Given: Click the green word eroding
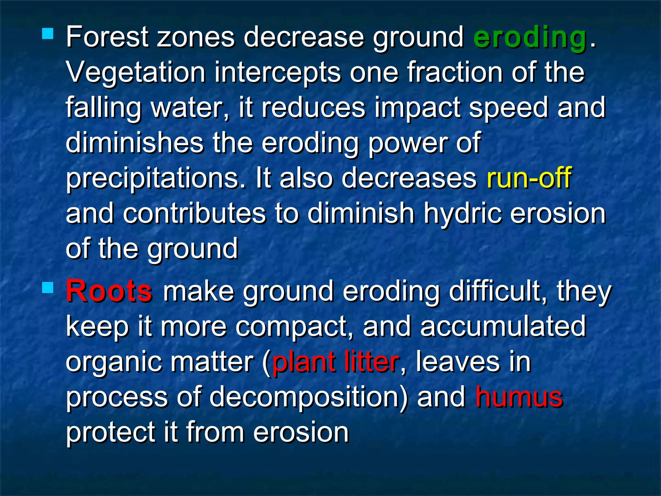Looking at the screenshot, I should [529, 38].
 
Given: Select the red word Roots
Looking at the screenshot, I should [109, 291].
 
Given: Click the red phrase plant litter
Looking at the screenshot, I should [336, 362].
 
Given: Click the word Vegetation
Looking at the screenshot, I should [136, 73].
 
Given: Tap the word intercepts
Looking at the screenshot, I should [277, 73].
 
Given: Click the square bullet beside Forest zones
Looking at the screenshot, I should [48, 34].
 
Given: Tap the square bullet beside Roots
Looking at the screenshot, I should [48, 287].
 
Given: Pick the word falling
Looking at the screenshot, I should [104, 108].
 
